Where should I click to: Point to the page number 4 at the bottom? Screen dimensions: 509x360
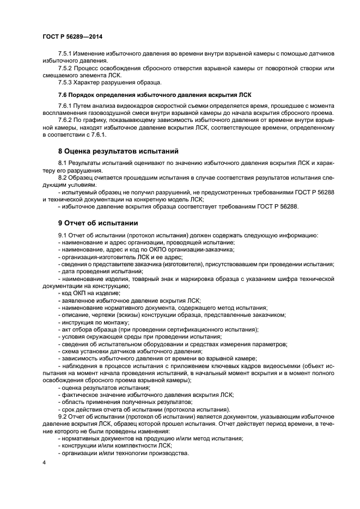44,462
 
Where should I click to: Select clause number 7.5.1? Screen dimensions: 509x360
66,53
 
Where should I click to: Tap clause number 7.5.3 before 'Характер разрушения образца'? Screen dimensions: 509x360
66,82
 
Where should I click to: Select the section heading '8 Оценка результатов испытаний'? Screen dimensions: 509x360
119,151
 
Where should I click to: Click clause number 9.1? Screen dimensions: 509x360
64,235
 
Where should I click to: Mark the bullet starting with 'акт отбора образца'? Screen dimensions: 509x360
158,329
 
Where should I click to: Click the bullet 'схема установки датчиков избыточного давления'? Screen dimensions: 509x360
134,351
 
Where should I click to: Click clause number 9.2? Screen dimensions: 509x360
64,416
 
